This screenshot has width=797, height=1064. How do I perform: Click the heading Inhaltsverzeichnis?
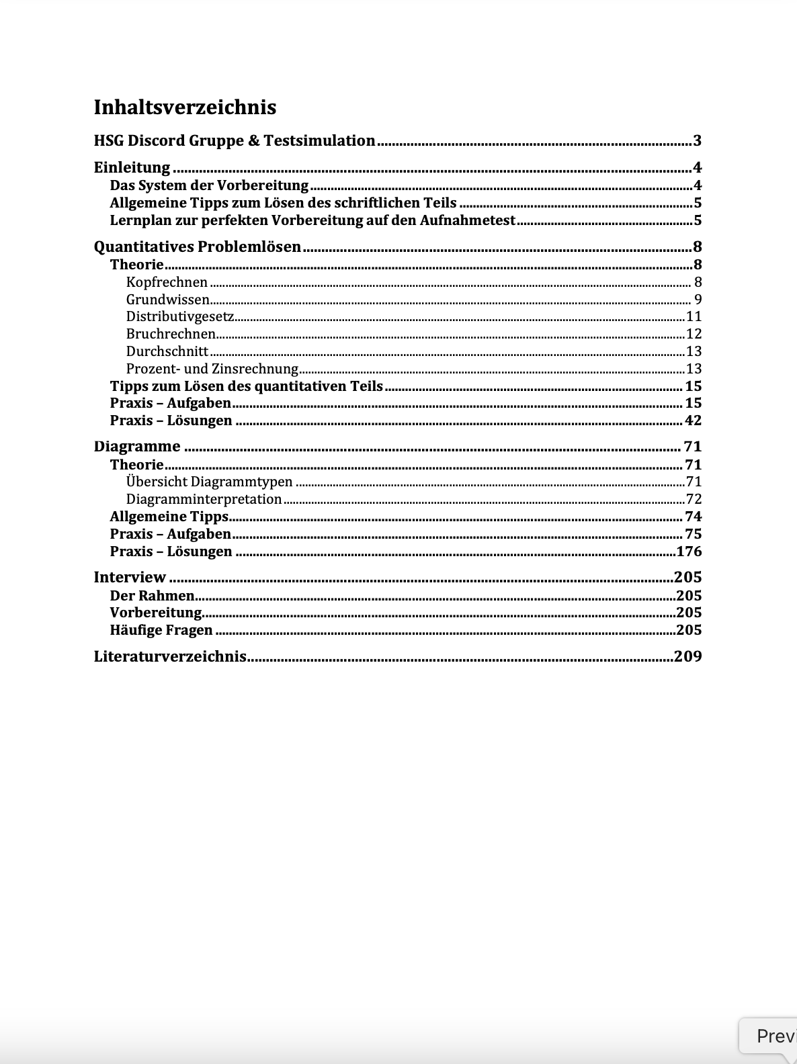pos(185,107)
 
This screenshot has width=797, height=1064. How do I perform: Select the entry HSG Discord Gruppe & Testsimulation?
pos(235,141)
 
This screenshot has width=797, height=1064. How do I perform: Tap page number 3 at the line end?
pos(697,141)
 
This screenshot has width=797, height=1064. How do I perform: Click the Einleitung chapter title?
pos(132,168)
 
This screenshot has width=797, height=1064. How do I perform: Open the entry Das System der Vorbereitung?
pos(209,185)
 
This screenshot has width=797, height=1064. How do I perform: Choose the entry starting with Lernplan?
pos(312,220)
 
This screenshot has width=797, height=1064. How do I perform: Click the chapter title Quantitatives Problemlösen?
pos(198,247)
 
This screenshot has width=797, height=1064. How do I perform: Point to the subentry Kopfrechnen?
pos(167,282)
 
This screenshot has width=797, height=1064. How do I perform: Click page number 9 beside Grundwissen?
pos(698,300)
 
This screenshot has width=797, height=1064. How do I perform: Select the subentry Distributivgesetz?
pos(180,316)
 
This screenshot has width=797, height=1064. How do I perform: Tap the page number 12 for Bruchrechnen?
pos(694,334)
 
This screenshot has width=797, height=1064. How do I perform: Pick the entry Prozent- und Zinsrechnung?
pos(212,369)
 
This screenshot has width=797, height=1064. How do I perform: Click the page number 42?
pos(693,420)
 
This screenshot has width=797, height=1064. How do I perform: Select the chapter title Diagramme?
pos(137,447)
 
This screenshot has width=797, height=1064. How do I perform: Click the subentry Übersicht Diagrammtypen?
pos(209,482)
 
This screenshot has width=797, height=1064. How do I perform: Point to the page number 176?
pos(689,551)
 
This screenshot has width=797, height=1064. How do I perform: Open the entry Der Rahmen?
pos(152,596)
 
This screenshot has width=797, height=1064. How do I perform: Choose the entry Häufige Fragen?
pos(161,630)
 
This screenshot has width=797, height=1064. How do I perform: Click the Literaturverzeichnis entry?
pos(170,657)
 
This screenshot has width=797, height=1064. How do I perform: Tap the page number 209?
pos(687,657)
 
